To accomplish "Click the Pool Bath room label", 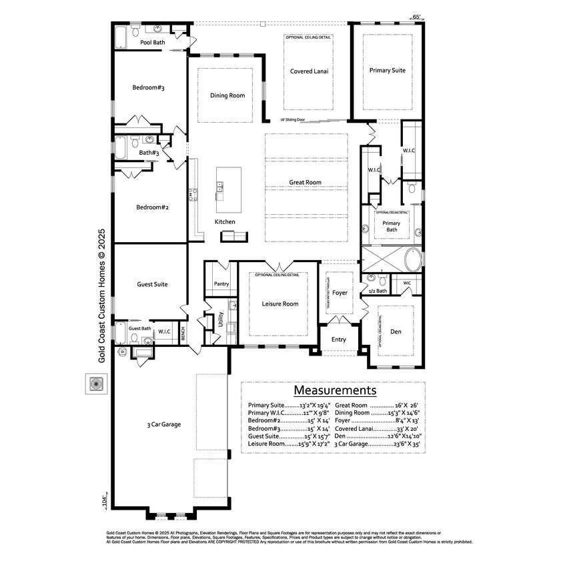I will (153, 43).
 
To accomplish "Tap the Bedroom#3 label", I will (148, 87).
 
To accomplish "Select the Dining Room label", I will (227, 95).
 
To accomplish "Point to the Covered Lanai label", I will (309, 71).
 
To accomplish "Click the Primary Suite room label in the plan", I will (388, 70).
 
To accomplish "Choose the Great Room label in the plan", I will (305, 182).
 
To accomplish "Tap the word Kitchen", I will (225, 221).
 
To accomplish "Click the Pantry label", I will (221, 284).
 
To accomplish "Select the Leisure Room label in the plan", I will (280, 304).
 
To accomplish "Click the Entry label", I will (339, 340).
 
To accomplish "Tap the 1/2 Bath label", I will (378, 291).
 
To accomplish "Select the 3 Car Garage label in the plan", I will (164, 424).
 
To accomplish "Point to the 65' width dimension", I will (417, 16).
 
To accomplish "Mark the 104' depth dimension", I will (104, 500).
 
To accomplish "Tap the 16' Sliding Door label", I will (294, 120).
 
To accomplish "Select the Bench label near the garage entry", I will (183, 332).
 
